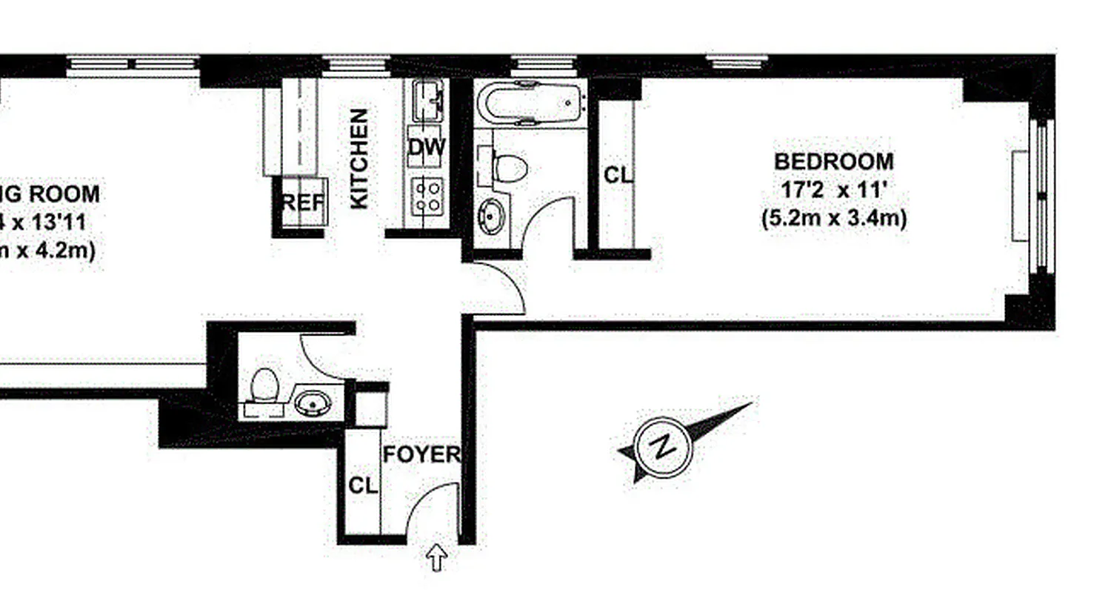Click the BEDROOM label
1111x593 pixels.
(x=834, y=161)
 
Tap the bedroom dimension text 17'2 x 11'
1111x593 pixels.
(x=834, y=190)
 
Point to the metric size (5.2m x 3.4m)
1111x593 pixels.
(x=834, y=219)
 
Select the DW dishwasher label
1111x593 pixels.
(x=427, y=148)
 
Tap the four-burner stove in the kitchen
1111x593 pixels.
(x=427, y=196)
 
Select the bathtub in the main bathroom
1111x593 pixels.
(x=530, y=103)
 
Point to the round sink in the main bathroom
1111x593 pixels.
(x=491, y=215)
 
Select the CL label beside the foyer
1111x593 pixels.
(x=363, y=486)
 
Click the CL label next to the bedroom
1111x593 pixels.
(x=618, y=176)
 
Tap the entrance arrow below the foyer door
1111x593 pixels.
(x=437, y=557)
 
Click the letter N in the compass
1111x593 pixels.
(x=664, y=448)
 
